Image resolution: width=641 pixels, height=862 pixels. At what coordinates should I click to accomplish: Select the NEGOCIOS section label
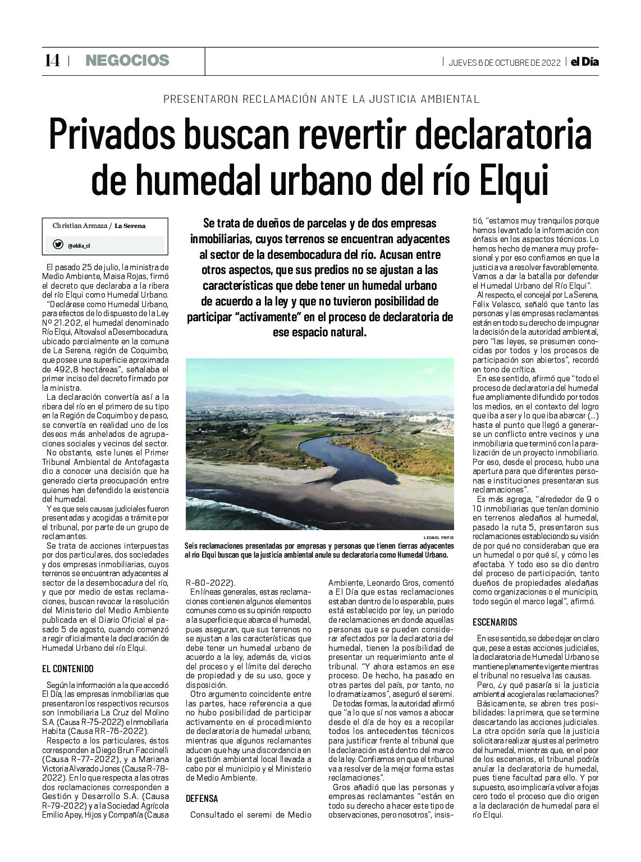[x=127, y=61]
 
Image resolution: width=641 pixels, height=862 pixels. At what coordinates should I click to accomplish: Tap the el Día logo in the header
[x=584, y=62]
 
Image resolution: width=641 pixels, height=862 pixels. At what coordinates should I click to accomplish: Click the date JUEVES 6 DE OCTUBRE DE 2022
[x=504, y=62]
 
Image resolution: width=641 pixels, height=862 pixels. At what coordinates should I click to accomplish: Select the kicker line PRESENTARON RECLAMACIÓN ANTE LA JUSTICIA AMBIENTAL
[x=321, y=99]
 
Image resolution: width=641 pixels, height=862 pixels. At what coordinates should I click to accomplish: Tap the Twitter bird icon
[x=58, y=244]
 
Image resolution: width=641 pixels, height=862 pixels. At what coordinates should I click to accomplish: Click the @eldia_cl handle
[x=79, y=245]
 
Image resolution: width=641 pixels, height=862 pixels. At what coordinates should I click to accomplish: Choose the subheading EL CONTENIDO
[x=68, y=669]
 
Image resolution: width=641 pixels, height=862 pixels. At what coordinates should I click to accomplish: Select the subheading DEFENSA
[x=202, y=799]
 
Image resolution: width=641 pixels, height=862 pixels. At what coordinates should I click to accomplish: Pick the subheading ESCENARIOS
[x=495, y=622]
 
